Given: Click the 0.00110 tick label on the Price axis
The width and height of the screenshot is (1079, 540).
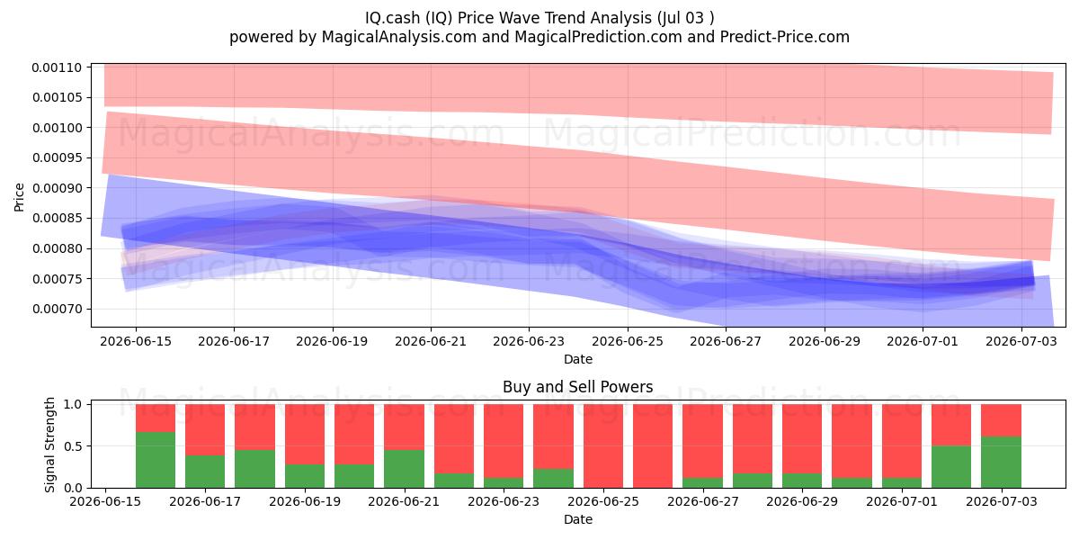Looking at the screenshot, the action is click(x=57, y=67).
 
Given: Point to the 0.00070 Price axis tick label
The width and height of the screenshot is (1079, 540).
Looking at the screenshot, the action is click(x=57, y=309).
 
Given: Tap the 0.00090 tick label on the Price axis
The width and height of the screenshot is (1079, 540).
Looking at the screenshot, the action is click(x=57, y=188).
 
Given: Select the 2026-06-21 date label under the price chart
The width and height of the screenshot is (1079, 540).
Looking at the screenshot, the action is click(x=431, y=341).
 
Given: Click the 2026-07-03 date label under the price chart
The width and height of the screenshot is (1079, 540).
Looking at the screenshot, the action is click(x=1021, y=341).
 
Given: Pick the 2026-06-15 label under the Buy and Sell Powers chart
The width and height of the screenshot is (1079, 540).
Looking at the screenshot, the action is click(x=105, y=501).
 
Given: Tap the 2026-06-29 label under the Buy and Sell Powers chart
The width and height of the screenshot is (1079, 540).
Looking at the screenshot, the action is click(x=802, y=501).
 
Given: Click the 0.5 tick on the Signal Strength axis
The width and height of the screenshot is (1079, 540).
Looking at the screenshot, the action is click(x=73, y=446).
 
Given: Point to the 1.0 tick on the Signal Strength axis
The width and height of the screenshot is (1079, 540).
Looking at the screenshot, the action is click(x=73, y=404).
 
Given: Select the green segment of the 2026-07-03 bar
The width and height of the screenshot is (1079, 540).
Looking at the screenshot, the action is click(x=1001, y=462).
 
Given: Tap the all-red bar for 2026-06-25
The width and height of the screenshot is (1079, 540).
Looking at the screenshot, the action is click(x=603, y=446).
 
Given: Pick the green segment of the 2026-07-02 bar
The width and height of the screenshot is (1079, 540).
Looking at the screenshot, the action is click(x=951, y=467).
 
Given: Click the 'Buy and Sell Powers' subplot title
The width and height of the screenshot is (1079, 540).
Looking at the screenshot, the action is click(x=577, y=387).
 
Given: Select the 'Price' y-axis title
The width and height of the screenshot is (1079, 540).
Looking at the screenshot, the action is click(x=19, y=197).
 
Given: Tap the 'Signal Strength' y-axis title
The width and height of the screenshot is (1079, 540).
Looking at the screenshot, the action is click(x=49, y=445).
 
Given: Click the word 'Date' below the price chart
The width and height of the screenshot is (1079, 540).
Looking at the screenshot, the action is click(x=578, y=359).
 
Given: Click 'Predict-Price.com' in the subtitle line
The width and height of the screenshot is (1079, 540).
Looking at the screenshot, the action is click(x=785, y=37).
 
